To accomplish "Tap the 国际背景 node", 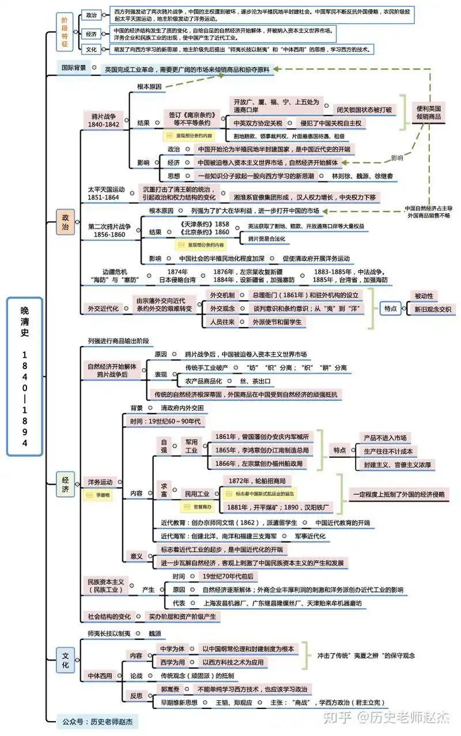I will [x=74, y=67].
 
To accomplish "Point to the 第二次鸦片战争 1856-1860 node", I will [x=109, y=230].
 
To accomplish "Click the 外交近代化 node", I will [x=103, y=308].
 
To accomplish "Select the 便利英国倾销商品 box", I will [x=429, y=112].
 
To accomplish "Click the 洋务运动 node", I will [x=100, y=481].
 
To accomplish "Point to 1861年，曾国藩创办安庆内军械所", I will [x=261, y=436].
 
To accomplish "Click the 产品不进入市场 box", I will [x=384, y=437].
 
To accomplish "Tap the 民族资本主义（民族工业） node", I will [x=106, y=586].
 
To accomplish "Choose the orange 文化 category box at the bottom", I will [x=65, y=660].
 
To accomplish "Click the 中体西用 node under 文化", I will [x=100, y=675].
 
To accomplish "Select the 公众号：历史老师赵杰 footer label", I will [x=98, y=720].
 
